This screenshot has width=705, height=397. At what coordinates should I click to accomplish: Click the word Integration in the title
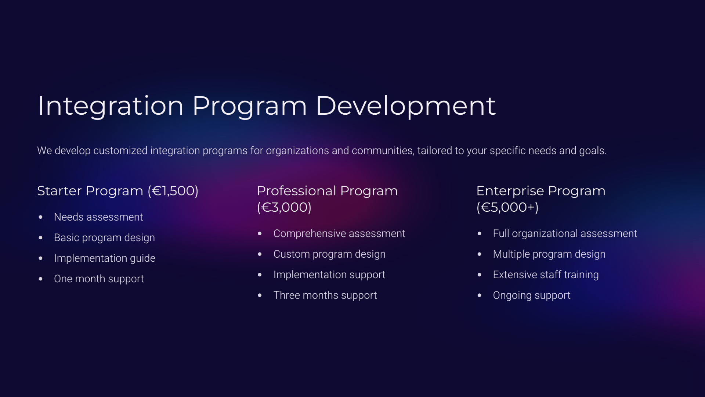(x=111, y=106)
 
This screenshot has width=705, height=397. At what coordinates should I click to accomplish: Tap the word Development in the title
(x=406, y=106)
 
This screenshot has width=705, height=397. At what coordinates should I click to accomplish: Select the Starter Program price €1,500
(x=173, y=191)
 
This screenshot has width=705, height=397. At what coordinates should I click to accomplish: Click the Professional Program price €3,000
(x=284, y=207)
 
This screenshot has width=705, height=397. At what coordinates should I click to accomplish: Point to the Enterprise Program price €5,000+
(x=507, y=207)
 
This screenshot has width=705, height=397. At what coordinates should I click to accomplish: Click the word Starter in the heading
(x=59, y=191)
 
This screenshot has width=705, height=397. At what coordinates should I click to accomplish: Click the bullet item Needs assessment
(x=98, y=217)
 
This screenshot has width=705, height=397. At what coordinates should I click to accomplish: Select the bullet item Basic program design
(x=104, y=238)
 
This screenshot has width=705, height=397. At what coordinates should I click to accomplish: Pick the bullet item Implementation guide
(x=105, y=258)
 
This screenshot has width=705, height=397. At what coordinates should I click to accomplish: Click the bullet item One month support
(x=99, y=279)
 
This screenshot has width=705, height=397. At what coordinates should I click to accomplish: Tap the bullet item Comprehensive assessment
(x=339, y=233)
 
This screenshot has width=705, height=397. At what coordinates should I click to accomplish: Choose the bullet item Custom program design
(x=329, y=254)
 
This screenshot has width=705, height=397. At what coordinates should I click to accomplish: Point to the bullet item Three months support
(x=325, y=295)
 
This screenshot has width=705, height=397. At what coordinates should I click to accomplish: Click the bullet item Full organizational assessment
(x=565, y=233)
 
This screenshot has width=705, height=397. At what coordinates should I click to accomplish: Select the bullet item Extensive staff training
(x=546, y=275)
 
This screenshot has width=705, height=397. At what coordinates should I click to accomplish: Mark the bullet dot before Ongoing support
(x=480, y=295)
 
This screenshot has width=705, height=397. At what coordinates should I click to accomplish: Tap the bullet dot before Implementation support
(x=260, y=275)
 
